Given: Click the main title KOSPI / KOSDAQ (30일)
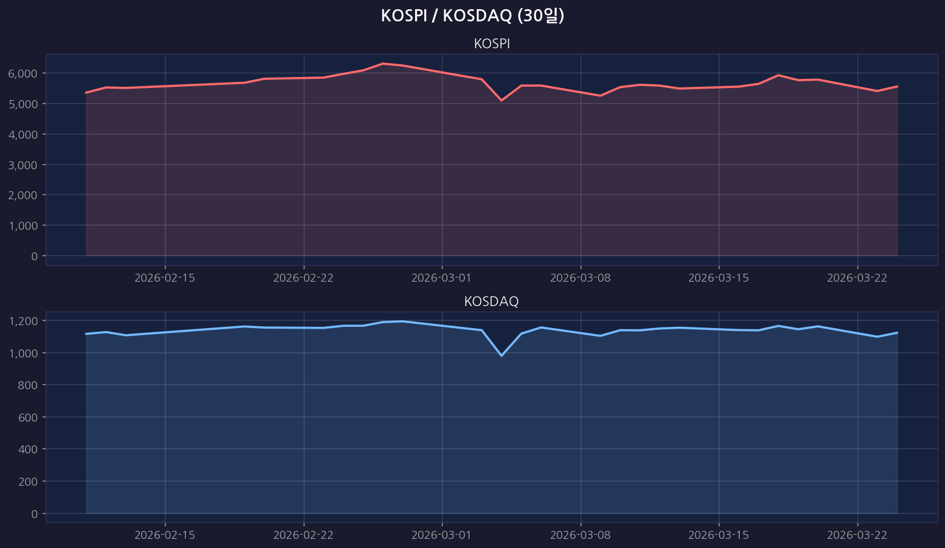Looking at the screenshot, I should pos(472,16).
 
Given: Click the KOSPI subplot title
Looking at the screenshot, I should pos(491,44).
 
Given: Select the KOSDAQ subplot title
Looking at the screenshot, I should pos(491,301).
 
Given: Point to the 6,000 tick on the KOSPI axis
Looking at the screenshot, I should pos(23,73).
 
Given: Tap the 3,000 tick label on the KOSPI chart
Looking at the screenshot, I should pos(23,165).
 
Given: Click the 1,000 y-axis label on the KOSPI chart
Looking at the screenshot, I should pos(23,225).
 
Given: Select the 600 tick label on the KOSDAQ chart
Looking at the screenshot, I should pos(29,417).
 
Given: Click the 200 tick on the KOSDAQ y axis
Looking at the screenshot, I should pos(29,481).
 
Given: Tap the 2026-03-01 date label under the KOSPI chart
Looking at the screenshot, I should pos(441,278).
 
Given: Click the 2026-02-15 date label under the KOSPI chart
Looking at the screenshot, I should pos(164,278).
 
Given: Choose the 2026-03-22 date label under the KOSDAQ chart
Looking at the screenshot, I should pos(857,535).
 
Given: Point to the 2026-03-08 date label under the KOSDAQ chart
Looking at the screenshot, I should pos(580,535).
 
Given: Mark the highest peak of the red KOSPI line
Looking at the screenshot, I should pos(383,64).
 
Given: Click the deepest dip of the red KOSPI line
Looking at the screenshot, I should pos(501,100).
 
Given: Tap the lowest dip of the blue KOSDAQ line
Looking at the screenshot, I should pos(501,355).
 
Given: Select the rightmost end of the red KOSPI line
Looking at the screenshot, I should pos(897,86).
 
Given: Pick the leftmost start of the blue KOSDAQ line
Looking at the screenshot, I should pos(86,334).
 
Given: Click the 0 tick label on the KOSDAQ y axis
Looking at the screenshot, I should pos(34,514).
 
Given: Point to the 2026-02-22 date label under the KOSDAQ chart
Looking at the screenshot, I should pos(303,535).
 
